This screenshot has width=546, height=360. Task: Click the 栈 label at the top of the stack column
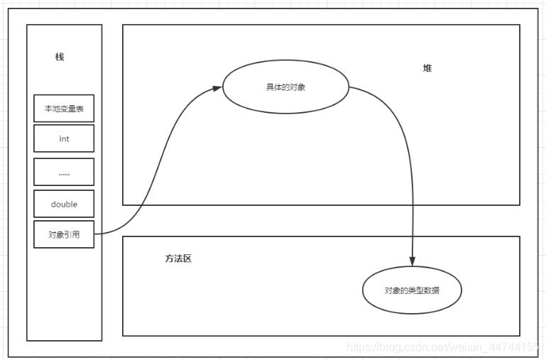tap(60, 57)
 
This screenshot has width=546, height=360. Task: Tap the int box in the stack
tap(64, 138)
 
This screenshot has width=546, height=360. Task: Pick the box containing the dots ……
tap(64, 172)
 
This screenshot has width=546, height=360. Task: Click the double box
tap(64, 204)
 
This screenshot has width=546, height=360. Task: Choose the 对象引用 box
tap(64, 234)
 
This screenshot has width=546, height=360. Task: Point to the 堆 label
tap(427, 68)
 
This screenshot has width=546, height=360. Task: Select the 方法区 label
tap(178, 258)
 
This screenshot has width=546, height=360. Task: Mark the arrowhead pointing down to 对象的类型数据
tap(413, 261)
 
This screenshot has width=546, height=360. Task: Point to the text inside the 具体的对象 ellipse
tap(285, 87)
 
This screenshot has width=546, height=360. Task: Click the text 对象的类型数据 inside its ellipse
tap(412, 290)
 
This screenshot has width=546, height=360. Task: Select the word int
tap(64, 138)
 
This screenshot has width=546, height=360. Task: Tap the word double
tap(64, 204)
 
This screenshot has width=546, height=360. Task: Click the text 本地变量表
tap(64, 109)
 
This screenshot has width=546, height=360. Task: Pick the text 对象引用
tap(64, 234)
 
